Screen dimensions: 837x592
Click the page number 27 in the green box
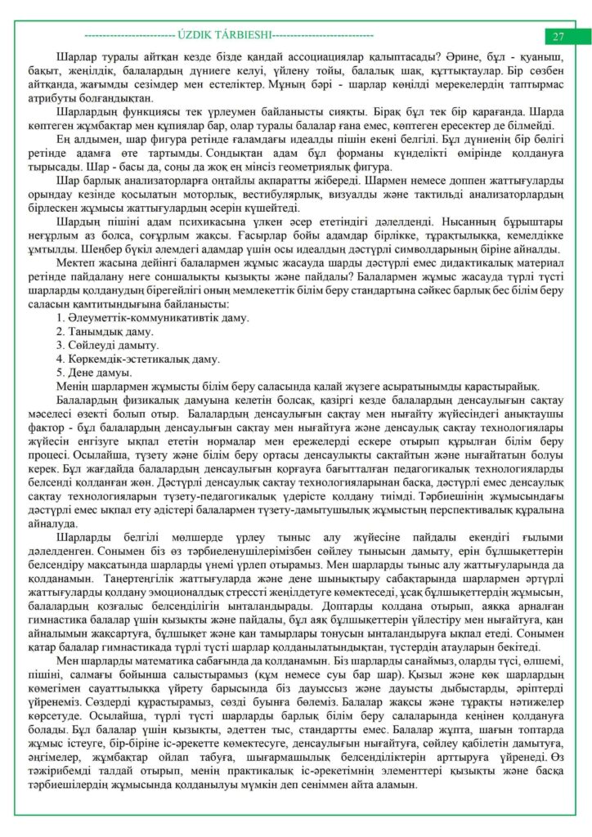[x=558, y=37]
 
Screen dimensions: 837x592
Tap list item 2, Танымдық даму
[x=105, y=331]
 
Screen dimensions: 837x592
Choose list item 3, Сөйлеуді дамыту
[x=109, y=345]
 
